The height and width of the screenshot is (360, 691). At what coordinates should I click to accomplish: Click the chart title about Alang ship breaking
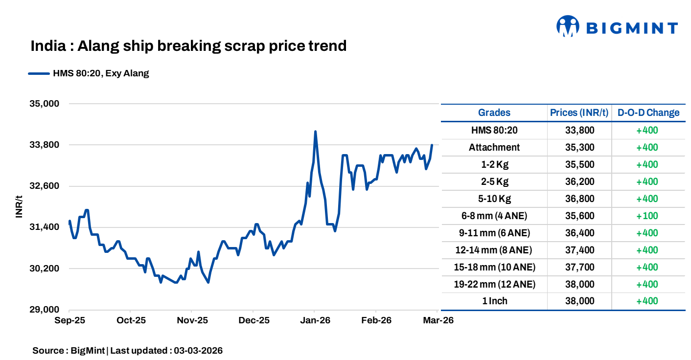[x=188, y=46]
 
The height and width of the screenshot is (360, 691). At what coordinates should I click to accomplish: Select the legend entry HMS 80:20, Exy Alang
[x=89, y=74]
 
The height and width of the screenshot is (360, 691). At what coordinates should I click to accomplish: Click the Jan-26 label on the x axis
[x=315, y=321]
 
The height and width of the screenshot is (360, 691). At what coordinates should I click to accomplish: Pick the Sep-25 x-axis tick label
[x=69, y=321]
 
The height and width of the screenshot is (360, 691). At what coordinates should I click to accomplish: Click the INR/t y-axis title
[x=19, y=207]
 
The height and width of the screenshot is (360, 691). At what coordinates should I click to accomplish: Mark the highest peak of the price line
[x=315, y=132]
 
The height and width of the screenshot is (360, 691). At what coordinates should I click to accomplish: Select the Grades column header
[x=494, y=112]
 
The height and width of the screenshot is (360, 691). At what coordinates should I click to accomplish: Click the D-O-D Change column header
[x=648, y=112]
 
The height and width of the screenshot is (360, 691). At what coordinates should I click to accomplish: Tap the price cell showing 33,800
[x=579, y=130]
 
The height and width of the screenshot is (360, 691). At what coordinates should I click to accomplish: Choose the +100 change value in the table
[x=647, y=216]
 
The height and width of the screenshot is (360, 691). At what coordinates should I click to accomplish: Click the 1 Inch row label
[x=494, y=301]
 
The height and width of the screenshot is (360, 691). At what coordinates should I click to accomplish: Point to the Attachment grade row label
[x=494, y=147]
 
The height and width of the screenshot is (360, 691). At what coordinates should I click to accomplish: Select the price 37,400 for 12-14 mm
[x=579, y=250]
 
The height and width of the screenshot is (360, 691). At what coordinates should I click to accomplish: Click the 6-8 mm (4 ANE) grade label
[x=494, y=216]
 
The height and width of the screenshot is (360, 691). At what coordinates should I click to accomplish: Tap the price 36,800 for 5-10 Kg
[x=579, y=199]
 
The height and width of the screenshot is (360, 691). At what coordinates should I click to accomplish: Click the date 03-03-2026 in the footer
[x=198, y=351]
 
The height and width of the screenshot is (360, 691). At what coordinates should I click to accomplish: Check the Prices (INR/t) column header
[x=579, y=112]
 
